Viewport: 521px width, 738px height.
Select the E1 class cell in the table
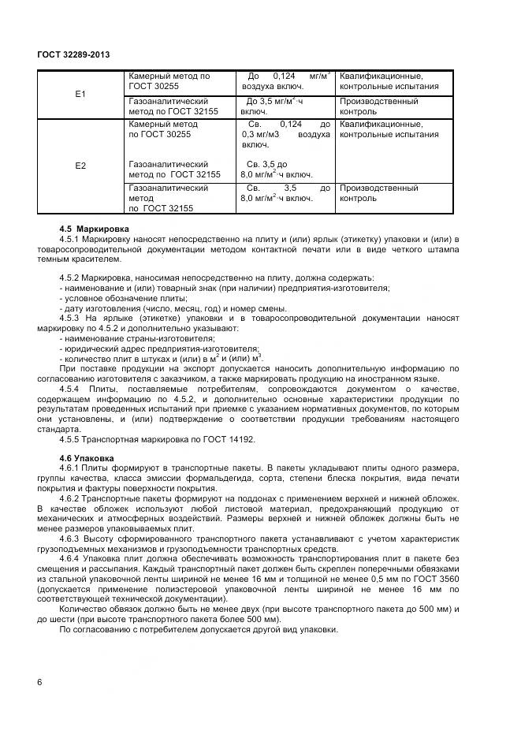pos(80,94)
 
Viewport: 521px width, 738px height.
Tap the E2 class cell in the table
pos(80,166)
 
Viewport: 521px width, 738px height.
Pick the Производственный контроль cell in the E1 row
pos(378,106)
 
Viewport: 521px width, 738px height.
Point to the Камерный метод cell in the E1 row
pos(168,81)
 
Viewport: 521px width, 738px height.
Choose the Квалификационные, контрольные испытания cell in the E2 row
pos(389,129)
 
